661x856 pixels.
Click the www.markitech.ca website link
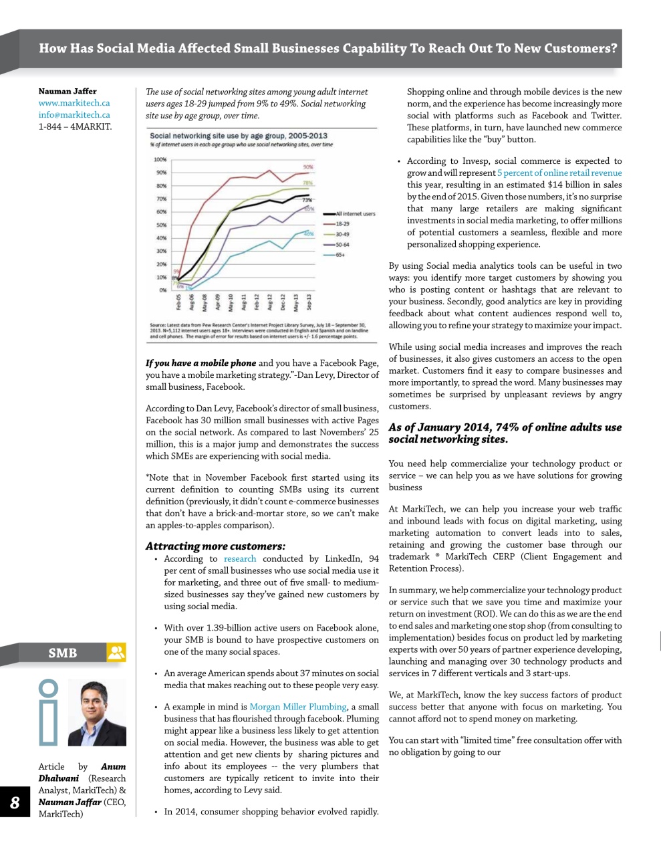click(x=74, y=103)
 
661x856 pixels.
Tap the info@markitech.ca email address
click(x=74, y=115)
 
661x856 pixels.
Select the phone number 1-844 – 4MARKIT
click(x=75, y=126)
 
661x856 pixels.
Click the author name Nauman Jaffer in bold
click(x=67, y=91)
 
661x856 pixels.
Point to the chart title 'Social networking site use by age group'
click(x=239, y=135)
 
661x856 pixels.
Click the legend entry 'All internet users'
click(x=355, y=214)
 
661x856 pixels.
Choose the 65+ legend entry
click(x=341, y=255)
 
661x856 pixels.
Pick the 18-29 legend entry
click(x=342, y=224)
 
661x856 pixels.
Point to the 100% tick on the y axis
click(x=160, y=160)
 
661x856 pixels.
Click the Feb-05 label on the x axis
click(x=178, y=302)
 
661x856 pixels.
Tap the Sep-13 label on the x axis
click(x=309, y=302)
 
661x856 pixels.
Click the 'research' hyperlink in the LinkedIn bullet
click(x=240, y=559)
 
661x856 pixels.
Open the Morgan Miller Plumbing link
click(x=298, y=707)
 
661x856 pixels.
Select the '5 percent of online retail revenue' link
click(x=559, y=173)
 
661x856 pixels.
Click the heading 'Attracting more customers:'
click(x=215, y=546)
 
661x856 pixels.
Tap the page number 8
click(x=15, y=802)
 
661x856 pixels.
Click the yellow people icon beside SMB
click(x=116, y=653)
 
